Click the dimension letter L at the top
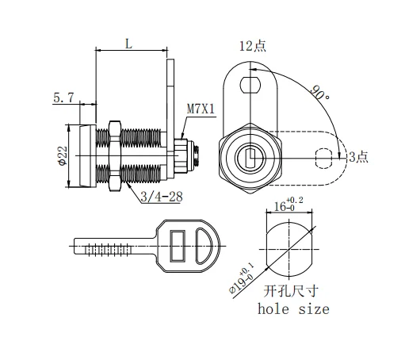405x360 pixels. pos(128,45)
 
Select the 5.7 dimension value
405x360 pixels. pos(64,98)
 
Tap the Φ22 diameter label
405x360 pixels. pos(60,155)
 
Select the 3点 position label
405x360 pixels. pos(358,156)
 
